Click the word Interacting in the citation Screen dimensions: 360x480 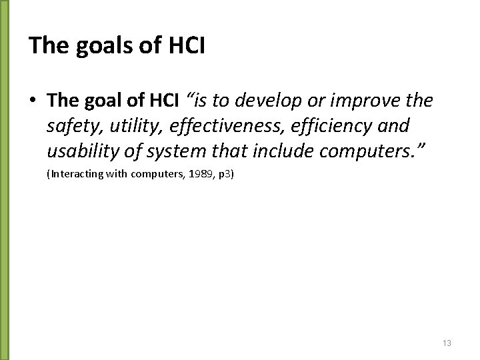point(72,175)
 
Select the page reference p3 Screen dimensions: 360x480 point(223,175)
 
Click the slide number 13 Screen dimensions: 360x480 point(447,343)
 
